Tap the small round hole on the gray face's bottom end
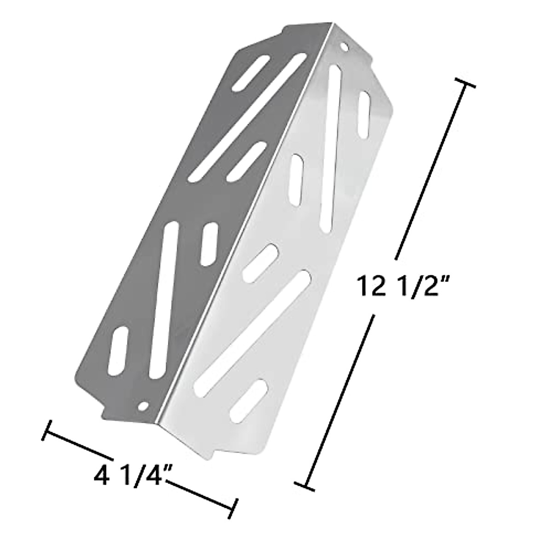pos(144,407)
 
